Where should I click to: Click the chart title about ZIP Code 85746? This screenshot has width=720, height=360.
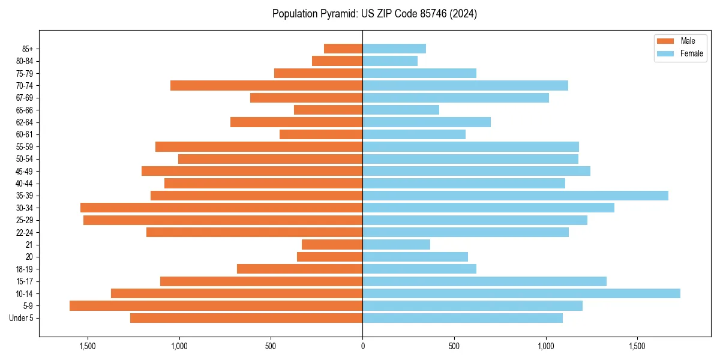tap(374, 14)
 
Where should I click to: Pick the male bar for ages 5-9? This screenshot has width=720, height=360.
tap(216, 305)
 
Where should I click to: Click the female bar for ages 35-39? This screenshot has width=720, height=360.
tap(515, 196)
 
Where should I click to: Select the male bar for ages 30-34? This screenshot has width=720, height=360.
tap(221, 208)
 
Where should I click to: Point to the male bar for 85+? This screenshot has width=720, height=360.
tap(343, 49)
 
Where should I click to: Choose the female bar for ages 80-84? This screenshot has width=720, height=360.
tap(390, 61)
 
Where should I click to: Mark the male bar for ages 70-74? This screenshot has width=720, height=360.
tap(266, 85)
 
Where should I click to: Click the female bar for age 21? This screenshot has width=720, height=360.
tap(396, 244)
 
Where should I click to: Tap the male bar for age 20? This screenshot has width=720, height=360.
tap(329, 257)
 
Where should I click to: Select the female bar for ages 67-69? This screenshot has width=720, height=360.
tap(455, 98)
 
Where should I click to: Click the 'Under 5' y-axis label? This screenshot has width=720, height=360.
tap(22, 318)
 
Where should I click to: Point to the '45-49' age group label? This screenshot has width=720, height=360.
tap(25, 171)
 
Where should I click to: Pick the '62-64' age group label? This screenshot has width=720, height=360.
tap(25, 122)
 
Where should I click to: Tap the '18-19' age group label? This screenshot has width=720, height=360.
tap(25, 269)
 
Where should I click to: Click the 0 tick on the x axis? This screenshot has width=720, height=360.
tap(362, 346)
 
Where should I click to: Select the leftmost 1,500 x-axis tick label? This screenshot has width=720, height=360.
tap(88, 346)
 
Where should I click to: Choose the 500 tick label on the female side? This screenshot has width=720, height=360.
tap(454, 346)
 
